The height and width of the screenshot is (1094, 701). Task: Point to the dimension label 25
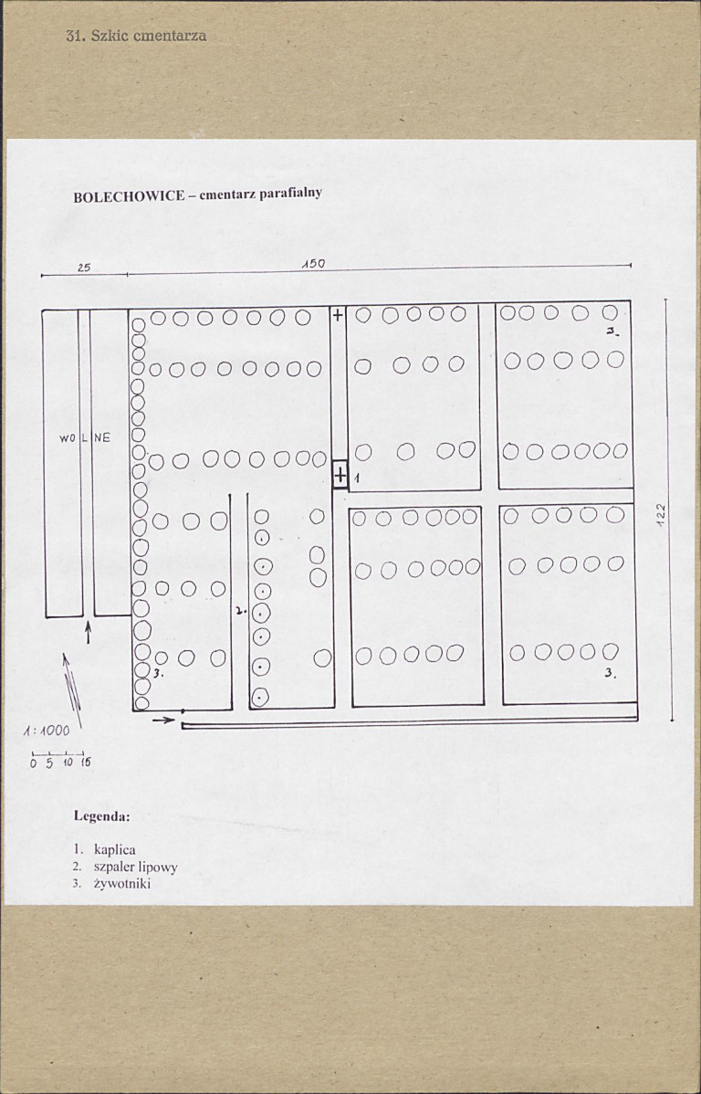point(84,268)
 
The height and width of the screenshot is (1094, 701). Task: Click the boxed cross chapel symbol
point(340,475)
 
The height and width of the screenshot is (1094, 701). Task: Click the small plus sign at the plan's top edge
point(338,315)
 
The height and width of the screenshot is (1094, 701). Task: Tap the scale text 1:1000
point(47,731)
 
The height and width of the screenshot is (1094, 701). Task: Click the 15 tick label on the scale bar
point(85,763)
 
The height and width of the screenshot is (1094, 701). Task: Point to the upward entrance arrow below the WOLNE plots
point(88,633)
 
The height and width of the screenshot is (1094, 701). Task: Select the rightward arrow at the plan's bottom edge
point(164,720)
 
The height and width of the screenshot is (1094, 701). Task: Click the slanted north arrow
point(72,689)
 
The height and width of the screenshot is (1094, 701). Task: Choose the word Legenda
point(102,815)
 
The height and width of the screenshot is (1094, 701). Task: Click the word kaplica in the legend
point(114,850)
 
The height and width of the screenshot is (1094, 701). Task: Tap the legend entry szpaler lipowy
point(135,868)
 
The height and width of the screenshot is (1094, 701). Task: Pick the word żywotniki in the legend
point(122,884)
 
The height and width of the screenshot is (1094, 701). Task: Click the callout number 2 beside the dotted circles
point(239,610)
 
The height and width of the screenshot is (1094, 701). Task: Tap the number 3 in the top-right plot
point(612,332)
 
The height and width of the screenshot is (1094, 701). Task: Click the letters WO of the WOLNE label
point(68,438)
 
